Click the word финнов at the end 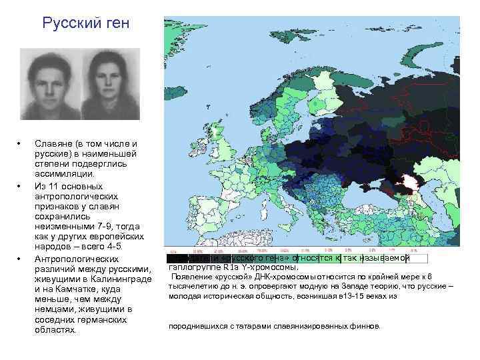click(x=365, y=326)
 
